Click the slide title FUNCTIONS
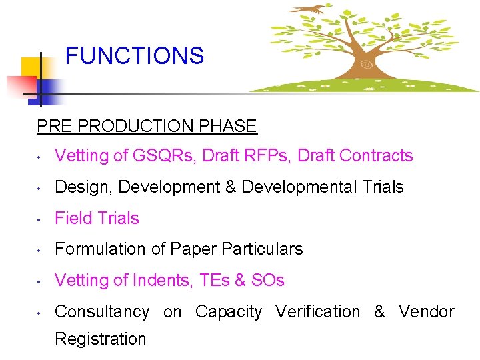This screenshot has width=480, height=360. coord(134,55)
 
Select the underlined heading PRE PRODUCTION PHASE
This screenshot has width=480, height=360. coord(147,126)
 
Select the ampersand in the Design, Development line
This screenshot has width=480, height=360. coord(231,187)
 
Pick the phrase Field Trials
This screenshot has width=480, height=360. coord(97,218)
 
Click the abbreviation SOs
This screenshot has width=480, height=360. coord(267,281)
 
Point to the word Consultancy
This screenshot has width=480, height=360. coord(102,312)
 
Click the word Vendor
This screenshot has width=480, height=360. coord(427,312)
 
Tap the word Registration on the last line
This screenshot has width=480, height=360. coord(100,339)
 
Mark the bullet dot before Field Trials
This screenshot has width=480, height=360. coord(41,219)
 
